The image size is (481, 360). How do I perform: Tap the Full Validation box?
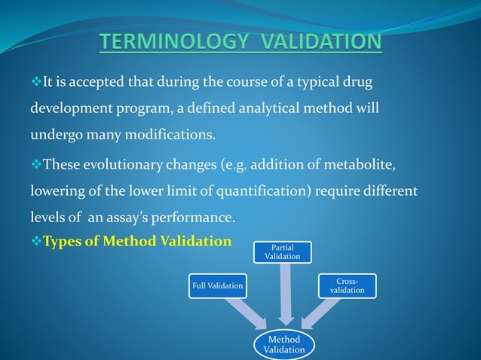(218, 285)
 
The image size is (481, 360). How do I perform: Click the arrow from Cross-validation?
(320, 313)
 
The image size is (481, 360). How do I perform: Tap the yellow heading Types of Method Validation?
(137, 241)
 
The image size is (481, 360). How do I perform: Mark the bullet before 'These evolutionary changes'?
(35, 163)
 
